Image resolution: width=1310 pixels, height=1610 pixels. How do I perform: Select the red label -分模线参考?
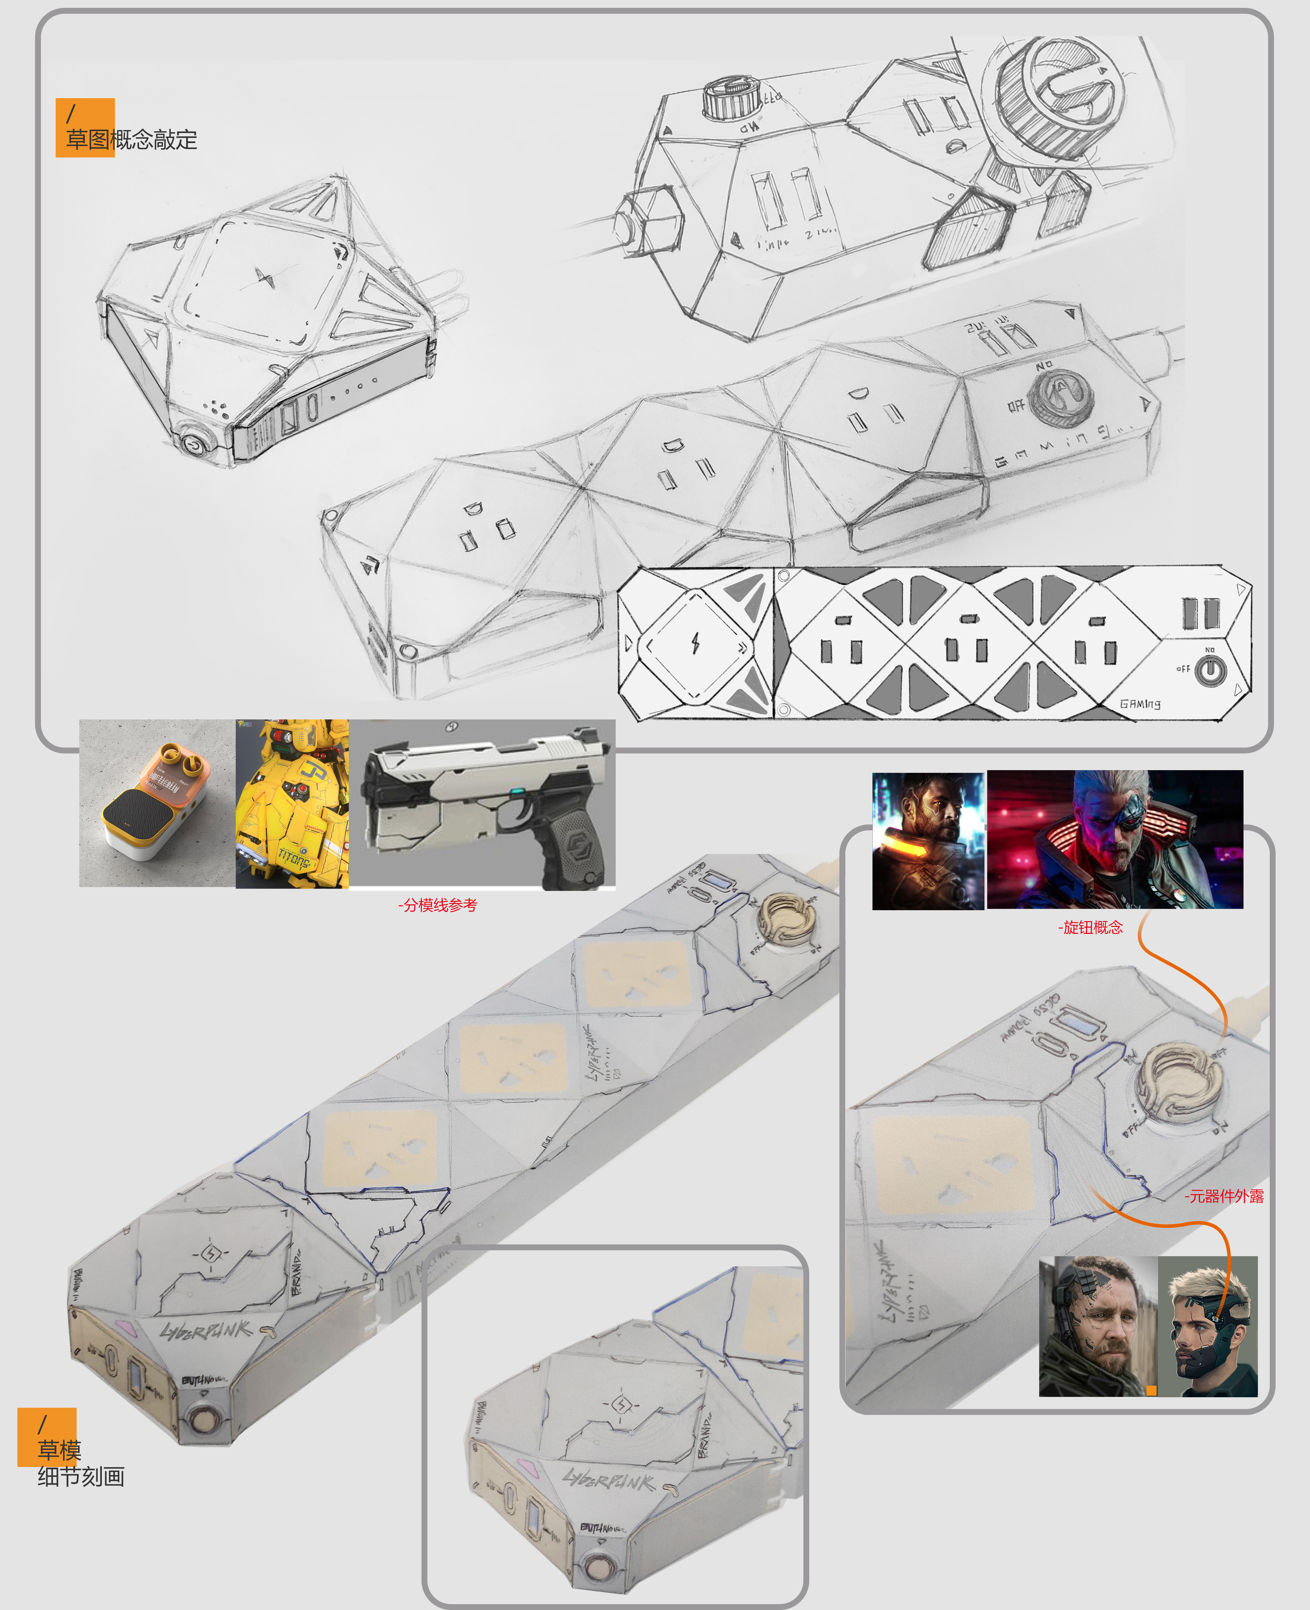coord(438,905)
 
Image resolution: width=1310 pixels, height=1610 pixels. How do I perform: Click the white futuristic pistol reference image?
coord(483,803)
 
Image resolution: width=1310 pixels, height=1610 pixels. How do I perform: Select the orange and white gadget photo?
coord(157,803)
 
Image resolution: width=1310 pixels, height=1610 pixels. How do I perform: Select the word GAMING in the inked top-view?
coord(1139,704)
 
